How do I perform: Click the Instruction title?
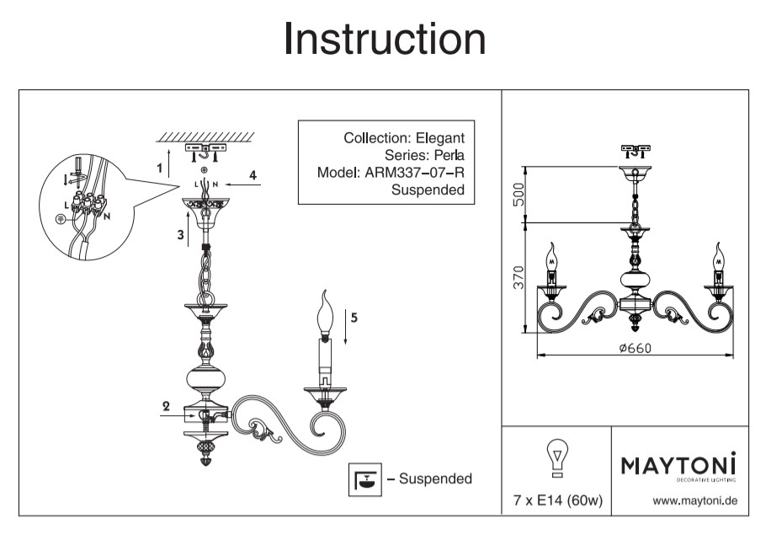385,39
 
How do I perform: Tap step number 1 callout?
160,168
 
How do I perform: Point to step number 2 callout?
167,406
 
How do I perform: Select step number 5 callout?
354,318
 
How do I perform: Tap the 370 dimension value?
518,276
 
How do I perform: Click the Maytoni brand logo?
678,465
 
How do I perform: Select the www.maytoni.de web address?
695,501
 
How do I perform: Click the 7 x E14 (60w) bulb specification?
557,501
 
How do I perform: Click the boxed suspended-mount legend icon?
364,478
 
